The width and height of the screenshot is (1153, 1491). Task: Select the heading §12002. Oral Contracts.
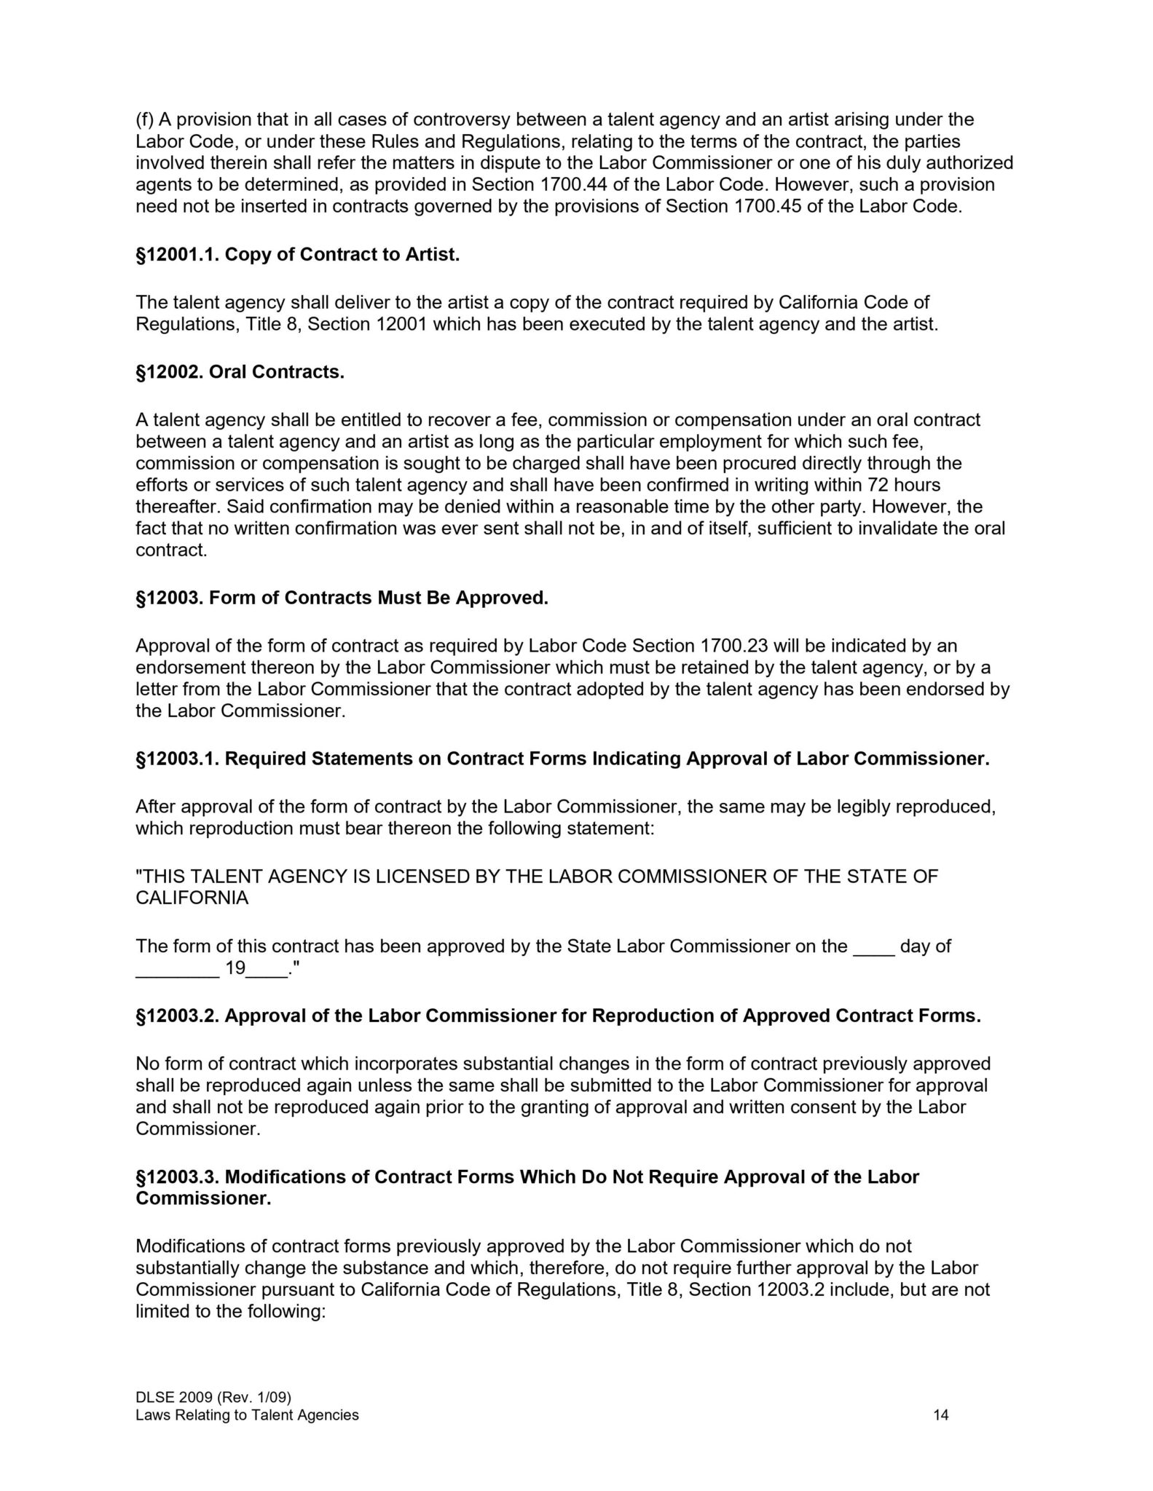pyautogui.click(x=240, y=372)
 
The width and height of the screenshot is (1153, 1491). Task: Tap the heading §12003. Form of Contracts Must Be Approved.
pyautogui.click(x=342, y=598)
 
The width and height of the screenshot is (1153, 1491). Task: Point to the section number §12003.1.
pyautogui.click(x=178, y=759)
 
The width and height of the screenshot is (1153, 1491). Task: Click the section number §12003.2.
pyautogui.click(x=178, y=1016)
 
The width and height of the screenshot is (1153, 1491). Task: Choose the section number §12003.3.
pyautogui.click(x=178, y=1177)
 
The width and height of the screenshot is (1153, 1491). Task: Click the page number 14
pyautogui.click(x=941, y=1415)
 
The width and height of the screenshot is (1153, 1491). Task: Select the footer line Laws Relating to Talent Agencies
pyautogui.click(x=247, y=1415)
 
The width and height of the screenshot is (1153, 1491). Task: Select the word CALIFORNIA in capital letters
pyautogui.click(x=192, y=898)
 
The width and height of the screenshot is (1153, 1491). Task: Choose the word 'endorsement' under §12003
pyautogui.click(x=189, y=668)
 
